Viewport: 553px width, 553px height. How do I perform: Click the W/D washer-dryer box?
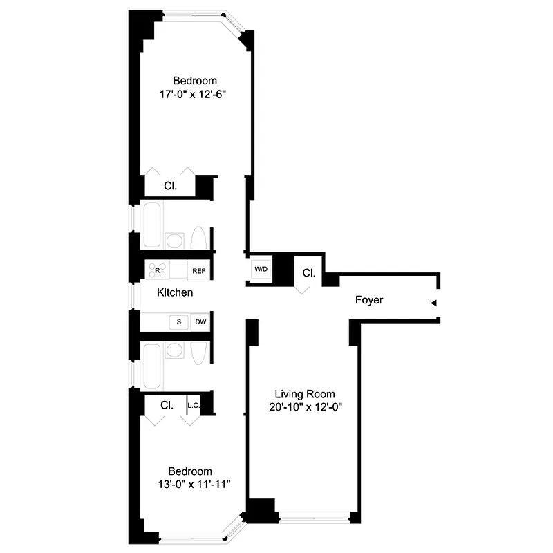(261, 270)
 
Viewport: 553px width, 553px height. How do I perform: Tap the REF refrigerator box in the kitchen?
(198, 270)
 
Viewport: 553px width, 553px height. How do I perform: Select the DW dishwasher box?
(200, 321)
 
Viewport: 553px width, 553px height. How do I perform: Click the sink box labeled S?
(179, 321)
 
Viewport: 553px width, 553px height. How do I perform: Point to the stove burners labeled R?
(156, 270)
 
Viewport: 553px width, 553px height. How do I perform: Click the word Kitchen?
(175, 292)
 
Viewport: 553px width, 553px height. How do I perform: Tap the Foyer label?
(369, 300)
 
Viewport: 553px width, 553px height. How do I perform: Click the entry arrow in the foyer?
(433, 303)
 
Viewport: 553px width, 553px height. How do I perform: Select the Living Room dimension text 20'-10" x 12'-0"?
(306, 407)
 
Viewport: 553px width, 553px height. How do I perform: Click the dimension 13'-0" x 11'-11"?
(194, 485)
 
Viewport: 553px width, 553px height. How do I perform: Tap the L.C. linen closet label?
(194, 406)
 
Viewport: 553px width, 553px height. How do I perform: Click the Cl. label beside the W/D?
(308, 273)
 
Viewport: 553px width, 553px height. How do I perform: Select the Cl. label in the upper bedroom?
(171, 186)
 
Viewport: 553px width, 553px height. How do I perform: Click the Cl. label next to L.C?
(167, 405)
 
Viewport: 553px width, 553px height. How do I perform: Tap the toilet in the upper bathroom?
(198, 238)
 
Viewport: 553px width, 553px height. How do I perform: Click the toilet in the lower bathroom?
(198, 353)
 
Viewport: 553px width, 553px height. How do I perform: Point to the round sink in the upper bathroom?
(174, 241)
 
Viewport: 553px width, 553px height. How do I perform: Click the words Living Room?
(306, 394)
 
